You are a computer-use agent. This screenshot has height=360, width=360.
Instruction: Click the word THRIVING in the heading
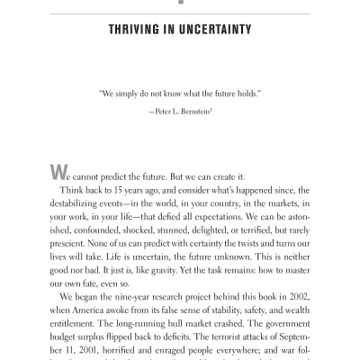pyautogui.click(x=135, y=30)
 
